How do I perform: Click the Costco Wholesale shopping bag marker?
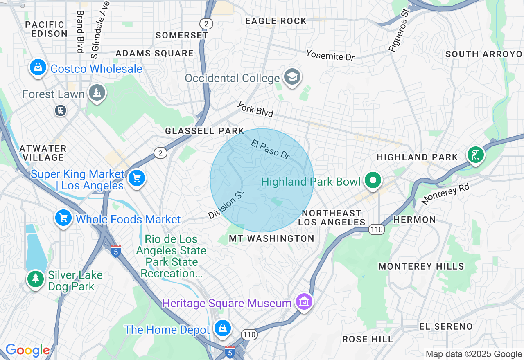point(38,67)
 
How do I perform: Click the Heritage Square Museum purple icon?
point(304,302)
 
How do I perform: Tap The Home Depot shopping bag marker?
point(222,328)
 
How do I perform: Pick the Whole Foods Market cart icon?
point(63,218)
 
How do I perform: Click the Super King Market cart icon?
point(136,178)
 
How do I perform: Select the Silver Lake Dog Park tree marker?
point(36,279)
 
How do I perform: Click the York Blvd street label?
point(255,109)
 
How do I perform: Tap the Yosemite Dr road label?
point(330,55)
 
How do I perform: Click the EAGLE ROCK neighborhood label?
point(276,21)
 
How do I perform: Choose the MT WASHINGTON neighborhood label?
point(271,239)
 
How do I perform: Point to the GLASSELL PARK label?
point(204,131)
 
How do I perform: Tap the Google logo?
point(27,350)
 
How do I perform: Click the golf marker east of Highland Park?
point(475,155)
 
